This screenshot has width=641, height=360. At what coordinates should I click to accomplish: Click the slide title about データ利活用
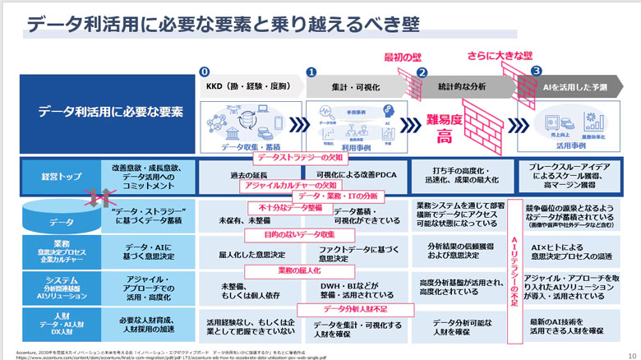(205, 25)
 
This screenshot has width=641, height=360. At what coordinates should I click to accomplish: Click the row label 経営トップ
(51, 176)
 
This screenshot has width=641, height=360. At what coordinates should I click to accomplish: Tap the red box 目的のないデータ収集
(288, 236)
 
